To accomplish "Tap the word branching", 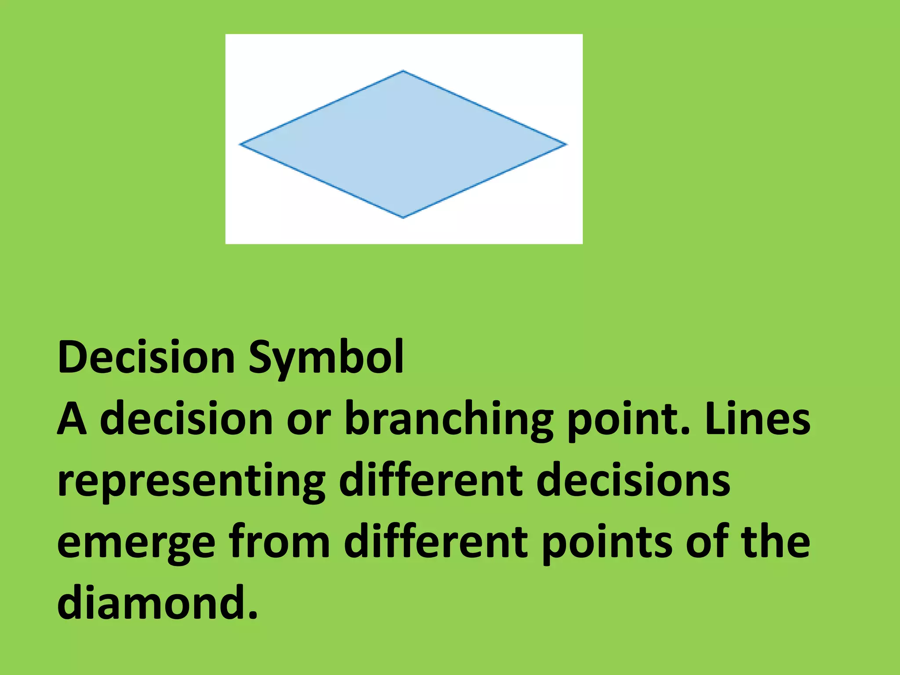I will pos(449,420).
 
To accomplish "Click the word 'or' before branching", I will pos(308,420).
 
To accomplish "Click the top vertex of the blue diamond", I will pos(403,71).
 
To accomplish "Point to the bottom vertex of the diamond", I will pos(403,217).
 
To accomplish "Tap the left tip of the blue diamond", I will pos(240,144).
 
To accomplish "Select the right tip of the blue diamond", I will pos(566,144).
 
